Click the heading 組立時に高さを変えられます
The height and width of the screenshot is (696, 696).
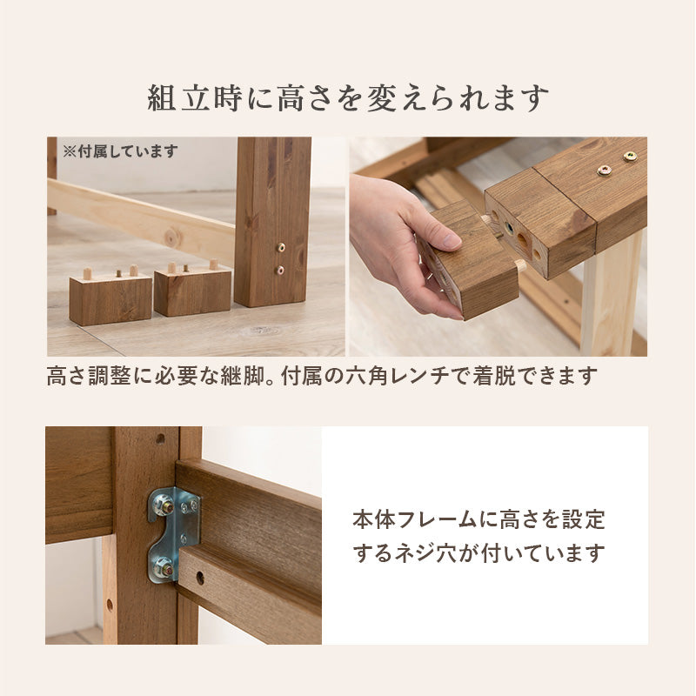coord(348,98)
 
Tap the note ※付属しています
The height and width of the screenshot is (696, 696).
coord(120,151)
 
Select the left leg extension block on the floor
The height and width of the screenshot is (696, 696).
coord(110,296)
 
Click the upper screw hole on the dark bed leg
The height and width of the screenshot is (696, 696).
coord(280,248)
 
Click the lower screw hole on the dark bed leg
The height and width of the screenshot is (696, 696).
coord(280,270)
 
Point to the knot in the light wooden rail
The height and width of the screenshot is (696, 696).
coord(172,238)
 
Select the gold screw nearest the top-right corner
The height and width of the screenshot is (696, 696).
coord(630,157)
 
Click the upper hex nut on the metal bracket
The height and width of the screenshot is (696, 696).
coord(164,506)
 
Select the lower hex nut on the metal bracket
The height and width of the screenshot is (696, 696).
coord(163,567)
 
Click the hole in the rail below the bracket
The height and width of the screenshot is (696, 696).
coord(200,578)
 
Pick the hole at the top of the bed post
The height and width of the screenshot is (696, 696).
coord(160,439)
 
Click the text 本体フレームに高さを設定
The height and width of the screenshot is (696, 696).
coord(479,519)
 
